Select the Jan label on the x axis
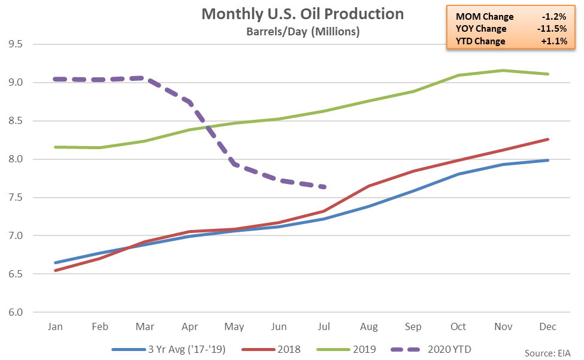[x=56, y=327]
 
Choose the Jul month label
[x=324, y=327]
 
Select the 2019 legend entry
[x=364, y=349]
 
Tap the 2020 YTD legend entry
[x=443, y=349]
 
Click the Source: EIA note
[x=548, y=352]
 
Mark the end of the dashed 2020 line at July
[x=324, y=187]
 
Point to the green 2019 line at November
[x=503, y=71]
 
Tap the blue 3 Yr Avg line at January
[x=56, y=262]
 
